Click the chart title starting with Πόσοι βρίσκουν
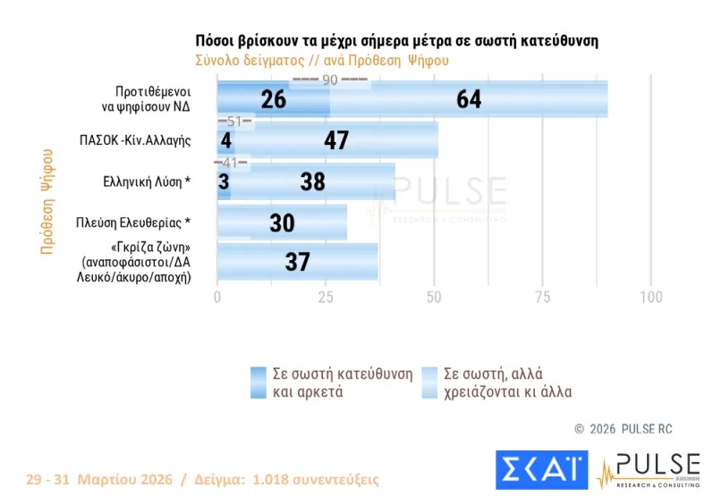coord(396,42)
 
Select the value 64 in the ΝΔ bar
coord(469,99)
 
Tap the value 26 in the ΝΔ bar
coord(274,99)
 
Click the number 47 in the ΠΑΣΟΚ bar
coord(336,140)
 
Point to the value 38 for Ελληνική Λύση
coord(314,181)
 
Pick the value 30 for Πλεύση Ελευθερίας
coord(282,223)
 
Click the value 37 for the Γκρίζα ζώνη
coord(297,262)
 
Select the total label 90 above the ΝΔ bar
coord(329,80)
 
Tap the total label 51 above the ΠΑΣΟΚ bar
coord(235,121)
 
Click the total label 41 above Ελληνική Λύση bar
coord(231,162)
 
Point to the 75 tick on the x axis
coord(542,297)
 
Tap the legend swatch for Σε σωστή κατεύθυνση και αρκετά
coord(259,382)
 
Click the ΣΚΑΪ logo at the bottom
coord(541,469)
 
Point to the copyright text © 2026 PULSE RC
coord(623,429)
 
